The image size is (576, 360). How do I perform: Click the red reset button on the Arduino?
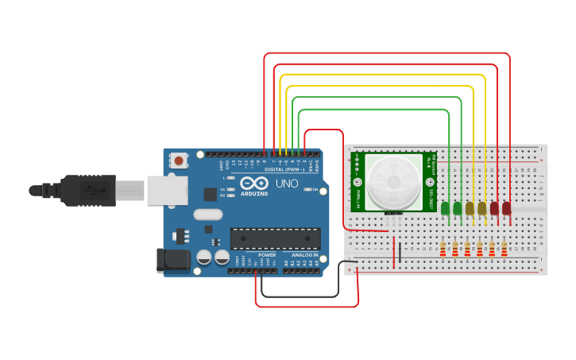pyautogui.click(x=179, y=161)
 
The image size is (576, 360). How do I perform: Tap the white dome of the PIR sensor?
pyautogui.click(x=395, y=182)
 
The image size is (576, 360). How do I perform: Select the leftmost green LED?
pyautogui.click(x=445, y=209)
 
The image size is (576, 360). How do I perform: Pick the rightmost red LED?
pyautogui.click(x=506, y=209)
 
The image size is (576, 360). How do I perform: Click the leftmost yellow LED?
pyautogui.click(x=470, y=209)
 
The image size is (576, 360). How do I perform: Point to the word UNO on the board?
pyautogui.click(x=286, y=184)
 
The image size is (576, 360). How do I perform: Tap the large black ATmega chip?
pyautogui.click(x=275, y=238)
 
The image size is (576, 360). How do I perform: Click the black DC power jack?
pyautogui.click(x=173, y=259)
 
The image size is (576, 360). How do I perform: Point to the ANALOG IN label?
pyautogui.click(x=303, y=255)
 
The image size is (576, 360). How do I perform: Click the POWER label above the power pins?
pyautogui.click(x=267, y=255)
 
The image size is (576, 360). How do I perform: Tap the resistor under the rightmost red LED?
pyautogui.click(x=504, y=249)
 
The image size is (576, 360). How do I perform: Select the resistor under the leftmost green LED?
pyautogui.click(x=443, y=249)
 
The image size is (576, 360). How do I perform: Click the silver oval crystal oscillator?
pyautogui.click(x=207, y=214)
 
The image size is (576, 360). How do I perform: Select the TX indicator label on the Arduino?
pyautogui.click(x=222, y=189)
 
